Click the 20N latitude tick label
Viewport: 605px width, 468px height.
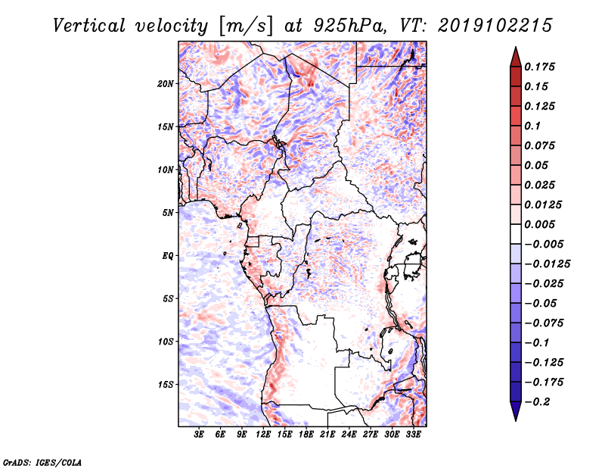(x=166, y=83)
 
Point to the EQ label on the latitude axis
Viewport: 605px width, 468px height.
(x=168, y=256)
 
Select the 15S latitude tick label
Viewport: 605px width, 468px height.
(x=166, y=385)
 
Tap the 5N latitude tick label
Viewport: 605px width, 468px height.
(x=168, y=213)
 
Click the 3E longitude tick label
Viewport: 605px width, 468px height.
(x=200, y=435)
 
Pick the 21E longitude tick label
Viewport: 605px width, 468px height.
(x=327, y=435)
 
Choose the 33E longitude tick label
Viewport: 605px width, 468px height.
(x=413, y=435)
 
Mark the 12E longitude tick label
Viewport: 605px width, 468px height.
(x=264, y=435)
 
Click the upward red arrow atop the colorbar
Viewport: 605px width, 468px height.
(x=515, y=56)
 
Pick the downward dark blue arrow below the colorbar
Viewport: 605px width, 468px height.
(x=515, y=411)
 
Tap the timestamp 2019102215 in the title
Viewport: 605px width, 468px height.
(x=489, y=25)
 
